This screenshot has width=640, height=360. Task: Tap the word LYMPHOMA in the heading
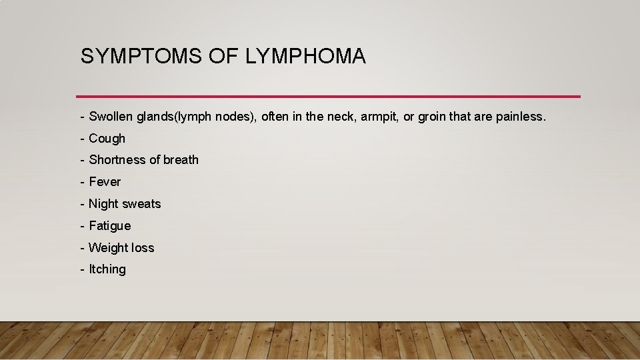pyautogui.click(x=305, y=57)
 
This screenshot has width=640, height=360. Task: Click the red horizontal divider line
pyautogui.click(x=328, y=97)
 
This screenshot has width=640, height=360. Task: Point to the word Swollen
pyautogui.click(x=111, y=117)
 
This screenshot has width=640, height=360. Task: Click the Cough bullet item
pyautogui.click(x=107, y=139)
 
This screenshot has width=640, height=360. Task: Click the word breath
pyautogui.click(x=181, y=160)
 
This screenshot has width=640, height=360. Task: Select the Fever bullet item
pyautogui.click(x=105, y=182)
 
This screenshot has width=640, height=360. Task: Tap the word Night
pyautogui.click(x=103, y=204)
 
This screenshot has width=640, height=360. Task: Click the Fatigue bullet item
pyautogui.click(x=109, y=226)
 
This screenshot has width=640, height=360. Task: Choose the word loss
pyautogui.click(x=142, y=248)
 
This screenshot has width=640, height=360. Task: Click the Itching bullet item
pyautogui.click(x=107, y=269)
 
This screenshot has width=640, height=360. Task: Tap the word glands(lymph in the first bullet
pyautogui.click(x=171, y=117)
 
